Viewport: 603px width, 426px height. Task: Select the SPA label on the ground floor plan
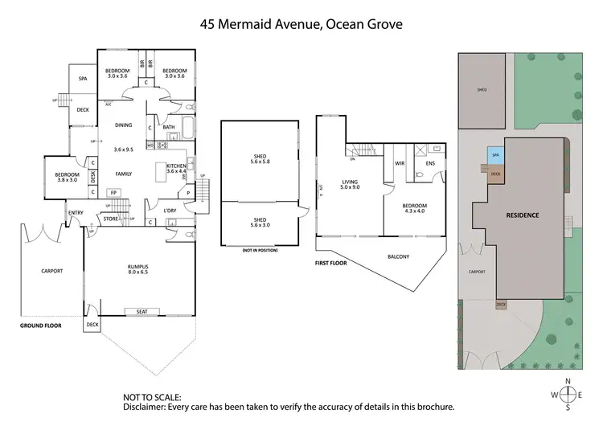pos(82,79)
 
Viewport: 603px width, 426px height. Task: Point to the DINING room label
pos(123,125)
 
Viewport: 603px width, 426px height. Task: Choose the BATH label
pos(168,126)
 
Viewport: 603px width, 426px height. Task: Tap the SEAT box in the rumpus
pos(142,312)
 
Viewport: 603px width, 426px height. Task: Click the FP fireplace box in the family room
pos(113,193)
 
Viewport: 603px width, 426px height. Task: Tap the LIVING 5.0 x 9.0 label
pos(350,185)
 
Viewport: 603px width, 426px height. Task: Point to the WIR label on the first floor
pos(399,162)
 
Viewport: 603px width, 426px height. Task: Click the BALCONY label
pos(398,256)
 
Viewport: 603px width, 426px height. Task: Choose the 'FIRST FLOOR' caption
pos(331,262)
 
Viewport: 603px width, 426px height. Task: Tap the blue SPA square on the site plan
pos(495,155)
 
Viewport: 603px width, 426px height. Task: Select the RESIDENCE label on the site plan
pos(522,215)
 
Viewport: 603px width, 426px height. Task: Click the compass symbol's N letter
pos(568,381)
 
